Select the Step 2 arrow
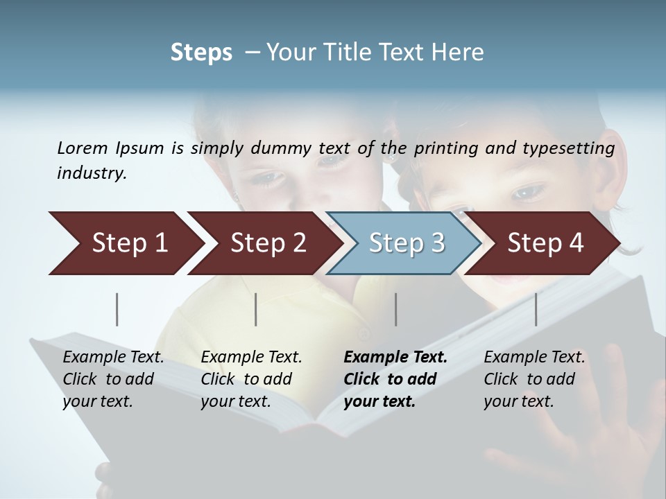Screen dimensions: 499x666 coord(267,243)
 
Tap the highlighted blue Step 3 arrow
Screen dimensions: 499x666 coord(406,243)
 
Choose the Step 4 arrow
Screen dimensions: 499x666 coord(545,243)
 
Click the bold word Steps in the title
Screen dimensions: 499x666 coord(201,53)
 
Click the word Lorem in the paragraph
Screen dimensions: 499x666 coord(83,148)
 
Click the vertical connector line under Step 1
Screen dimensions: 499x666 coord(117,309)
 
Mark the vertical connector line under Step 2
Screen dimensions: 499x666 coord(256,309)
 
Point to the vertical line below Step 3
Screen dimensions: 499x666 coord(395,309)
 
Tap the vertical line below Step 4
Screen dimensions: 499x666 coord(536,309)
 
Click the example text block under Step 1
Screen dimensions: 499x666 coord(112,379)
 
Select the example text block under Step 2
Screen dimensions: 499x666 coord(250,379)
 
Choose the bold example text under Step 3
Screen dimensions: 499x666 coord(395,379)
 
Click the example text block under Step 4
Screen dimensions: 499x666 coord(533,379)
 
